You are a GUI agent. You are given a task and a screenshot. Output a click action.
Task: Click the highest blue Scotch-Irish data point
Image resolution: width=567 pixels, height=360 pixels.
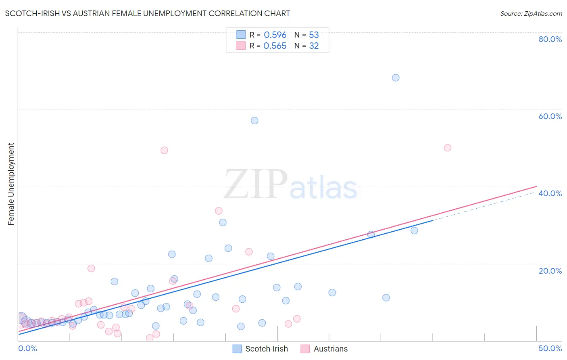396,77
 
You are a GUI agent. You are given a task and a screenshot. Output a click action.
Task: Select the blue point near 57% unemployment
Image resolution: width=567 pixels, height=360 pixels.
254,120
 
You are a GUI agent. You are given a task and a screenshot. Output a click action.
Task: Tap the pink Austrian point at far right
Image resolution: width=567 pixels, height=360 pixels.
447,148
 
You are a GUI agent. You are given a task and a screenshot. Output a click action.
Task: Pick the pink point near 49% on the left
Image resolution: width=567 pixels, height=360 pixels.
164,150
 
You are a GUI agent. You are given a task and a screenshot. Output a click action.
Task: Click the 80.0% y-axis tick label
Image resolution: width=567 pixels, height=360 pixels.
550,39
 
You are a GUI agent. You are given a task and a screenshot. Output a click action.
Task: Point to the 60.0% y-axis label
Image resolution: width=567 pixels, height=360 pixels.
550,116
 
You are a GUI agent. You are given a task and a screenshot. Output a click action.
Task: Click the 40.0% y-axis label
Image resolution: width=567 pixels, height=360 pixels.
550,193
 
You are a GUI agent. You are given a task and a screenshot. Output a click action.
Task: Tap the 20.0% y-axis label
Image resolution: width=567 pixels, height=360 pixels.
550,270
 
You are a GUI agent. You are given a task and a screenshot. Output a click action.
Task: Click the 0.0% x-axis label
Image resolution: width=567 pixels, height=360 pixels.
28,348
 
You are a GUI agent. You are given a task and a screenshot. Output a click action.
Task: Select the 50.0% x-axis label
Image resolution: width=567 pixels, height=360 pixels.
550,348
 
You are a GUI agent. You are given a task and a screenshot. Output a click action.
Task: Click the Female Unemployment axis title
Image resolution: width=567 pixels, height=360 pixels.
11,184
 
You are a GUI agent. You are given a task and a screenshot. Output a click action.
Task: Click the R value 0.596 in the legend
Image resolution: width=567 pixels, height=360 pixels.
275,35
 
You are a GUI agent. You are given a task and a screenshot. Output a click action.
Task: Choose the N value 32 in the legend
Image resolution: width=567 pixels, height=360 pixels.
314,46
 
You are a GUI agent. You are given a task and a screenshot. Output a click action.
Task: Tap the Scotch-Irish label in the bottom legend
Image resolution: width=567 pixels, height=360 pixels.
267,349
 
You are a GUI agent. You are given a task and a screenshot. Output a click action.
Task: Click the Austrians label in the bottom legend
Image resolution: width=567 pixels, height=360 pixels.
331,349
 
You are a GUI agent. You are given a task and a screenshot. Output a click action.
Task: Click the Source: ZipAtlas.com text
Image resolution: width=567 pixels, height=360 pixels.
531,14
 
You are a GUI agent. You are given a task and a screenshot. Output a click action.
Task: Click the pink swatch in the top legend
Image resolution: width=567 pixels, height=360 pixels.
241,46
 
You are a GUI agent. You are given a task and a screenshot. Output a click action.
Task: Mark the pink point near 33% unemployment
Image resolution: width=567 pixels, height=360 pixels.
219,211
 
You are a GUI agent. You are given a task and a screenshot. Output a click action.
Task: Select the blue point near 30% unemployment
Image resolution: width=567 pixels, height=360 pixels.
223,222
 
